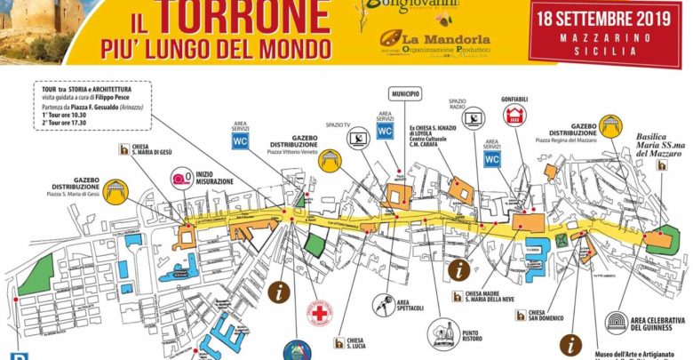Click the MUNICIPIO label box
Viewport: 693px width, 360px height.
[x=403, y=93]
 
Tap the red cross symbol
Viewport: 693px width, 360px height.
[x=319, y=313]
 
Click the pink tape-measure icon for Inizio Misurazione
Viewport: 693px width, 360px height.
[x=183, y=178]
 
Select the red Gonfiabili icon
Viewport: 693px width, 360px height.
[x=513, y=115]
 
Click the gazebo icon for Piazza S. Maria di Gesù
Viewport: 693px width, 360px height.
[x=115, y=190]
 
